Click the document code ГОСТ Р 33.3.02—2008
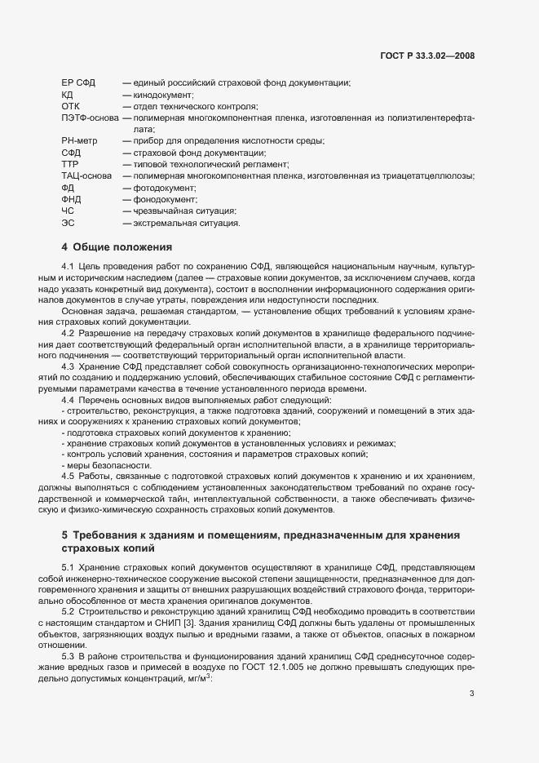click(427, 55)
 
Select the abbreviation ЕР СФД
click(78, 83)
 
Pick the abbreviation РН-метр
click(78, 141)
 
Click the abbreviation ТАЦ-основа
click(88, 175)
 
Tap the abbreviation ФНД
click(72, 198)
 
